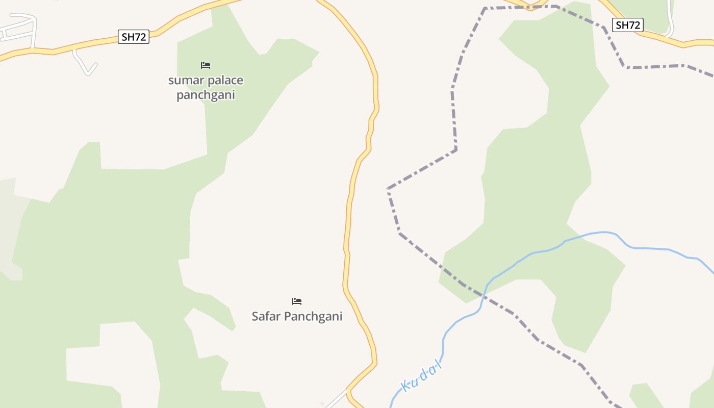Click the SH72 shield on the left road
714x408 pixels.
(134, 37)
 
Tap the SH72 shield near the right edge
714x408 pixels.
(627, 25)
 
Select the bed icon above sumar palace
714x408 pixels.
(206, 65)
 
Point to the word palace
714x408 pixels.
(225, 81)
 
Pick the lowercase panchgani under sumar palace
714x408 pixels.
(206, 95)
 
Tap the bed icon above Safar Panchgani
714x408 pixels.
(297, 301)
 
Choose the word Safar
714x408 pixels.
(266, 316)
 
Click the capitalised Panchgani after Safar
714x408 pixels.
(313, 316)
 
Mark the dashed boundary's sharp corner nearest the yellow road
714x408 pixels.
(388, 189)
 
